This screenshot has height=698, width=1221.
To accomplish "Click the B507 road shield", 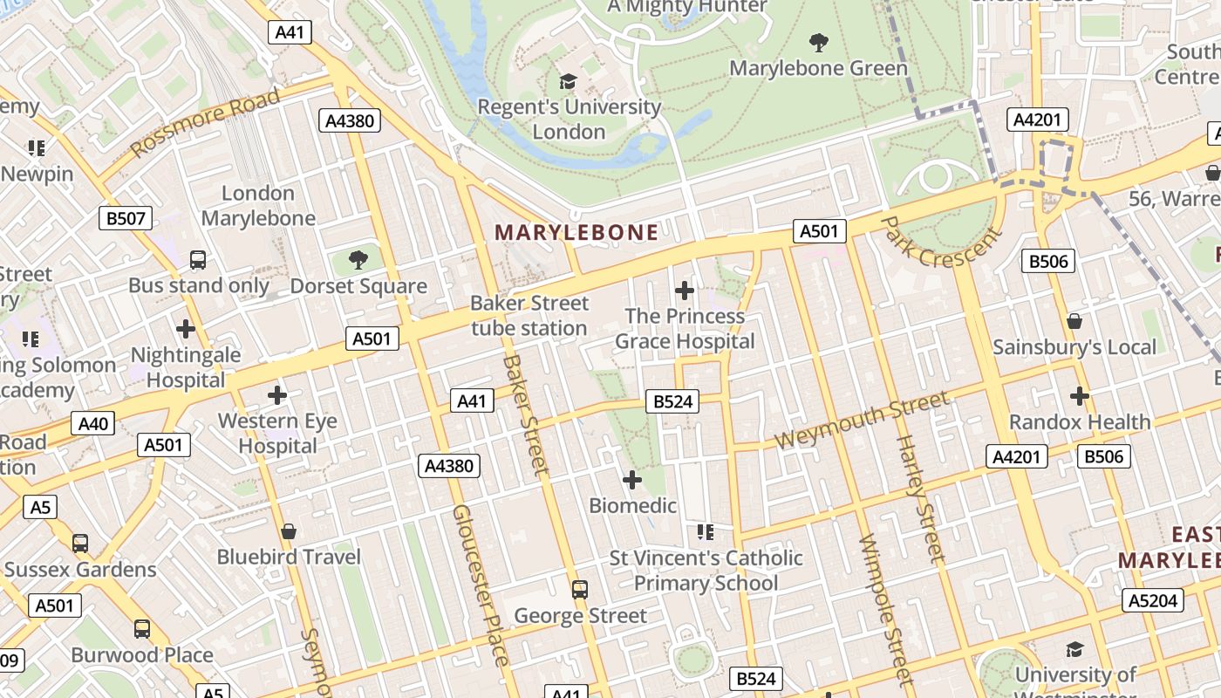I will (x=126, y=218).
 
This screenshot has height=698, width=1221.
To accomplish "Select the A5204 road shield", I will (x=1153, y=600).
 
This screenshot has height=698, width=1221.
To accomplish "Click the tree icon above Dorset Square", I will (x=358, y=259).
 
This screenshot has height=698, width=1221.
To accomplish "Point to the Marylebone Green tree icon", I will (x=818, y=42).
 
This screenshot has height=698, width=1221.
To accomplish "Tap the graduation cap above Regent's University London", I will (x=569, y=81).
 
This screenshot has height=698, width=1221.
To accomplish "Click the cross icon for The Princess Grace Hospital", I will (x=685, y=290).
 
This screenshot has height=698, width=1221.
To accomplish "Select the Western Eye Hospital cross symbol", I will (x=277, y=395).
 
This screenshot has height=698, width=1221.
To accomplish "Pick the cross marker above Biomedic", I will (x=632, y=479).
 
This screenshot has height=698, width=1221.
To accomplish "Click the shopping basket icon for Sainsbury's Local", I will (x=1074, y=321).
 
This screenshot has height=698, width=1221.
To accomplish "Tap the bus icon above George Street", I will (x=580, y=590).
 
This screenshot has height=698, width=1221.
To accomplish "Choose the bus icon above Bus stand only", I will (x=198, y=259).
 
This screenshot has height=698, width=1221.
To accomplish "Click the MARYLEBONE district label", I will (x=576, y=232).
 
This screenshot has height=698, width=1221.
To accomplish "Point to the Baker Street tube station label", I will (x=529, y=316).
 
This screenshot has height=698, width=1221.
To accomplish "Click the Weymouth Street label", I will (x=862, y=420).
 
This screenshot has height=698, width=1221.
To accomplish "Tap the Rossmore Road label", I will (x=206, y=123).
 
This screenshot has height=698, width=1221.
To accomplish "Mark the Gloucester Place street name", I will (x=480, y=585).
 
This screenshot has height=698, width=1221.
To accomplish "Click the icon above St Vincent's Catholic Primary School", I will (x=706, y=531).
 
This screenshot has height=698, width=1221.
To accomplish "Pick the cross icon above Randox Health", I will (x=1080, y=396).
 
